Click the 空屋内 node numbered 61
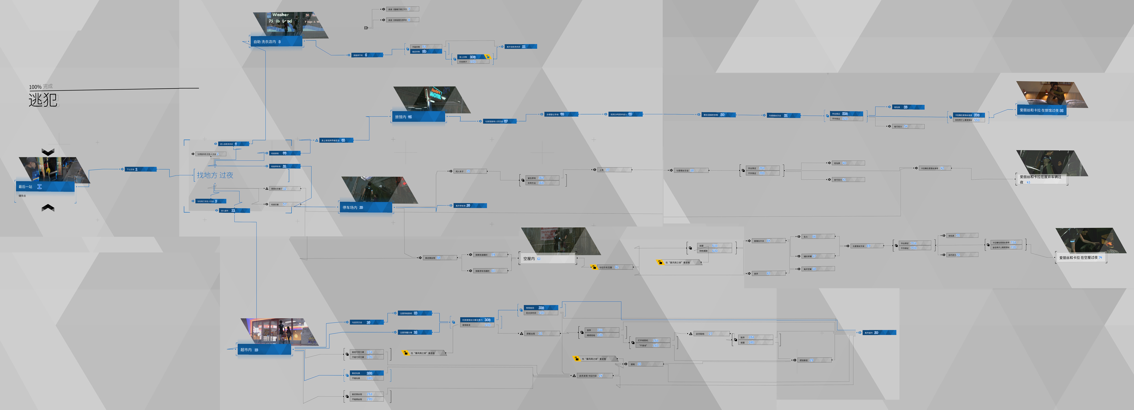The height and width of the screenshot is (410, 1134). [548, 259]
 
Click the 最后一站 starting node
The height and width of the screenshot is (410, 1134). [44, 187]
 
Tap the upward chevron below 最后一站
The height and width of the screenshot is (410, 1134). [48, 208]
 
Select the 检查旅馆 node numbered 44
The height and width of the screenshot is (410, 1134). [284, 153]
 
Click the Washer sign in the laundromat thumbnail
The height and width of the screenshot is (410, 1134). [280, 14]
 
